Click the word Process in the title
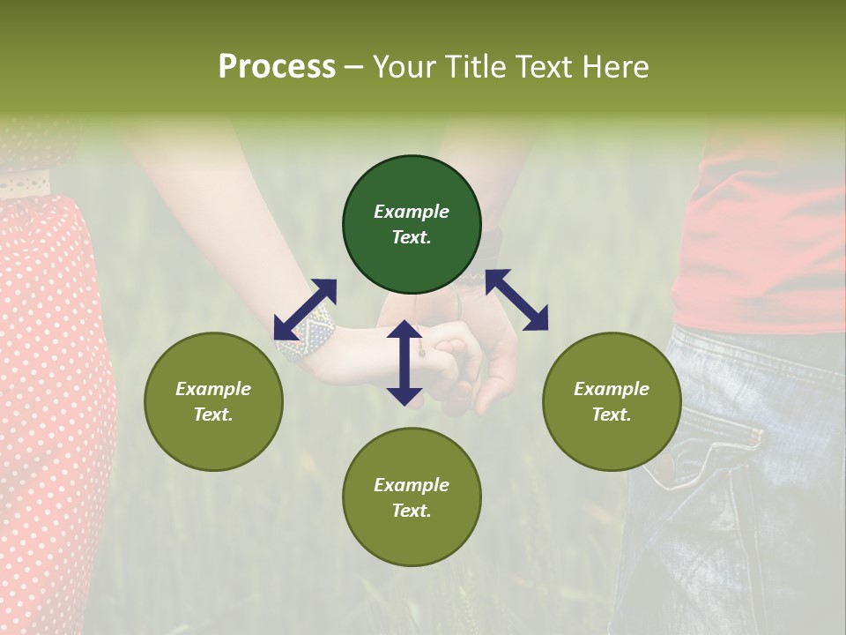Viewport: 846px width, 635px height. coord(277,67)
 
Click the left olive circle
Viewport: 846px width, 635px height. coord(213,401)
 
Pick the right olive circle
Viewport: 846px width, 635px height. coord(612,401)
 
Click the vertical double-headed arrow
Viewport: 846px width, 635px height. coord(404,363)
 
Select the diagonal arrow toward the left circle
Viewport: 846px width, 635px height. coord(305,310)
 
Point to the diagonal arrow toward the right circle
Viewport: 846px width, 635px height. coord(516,300)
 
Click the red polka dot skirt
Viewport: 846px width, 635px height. coord(48,397)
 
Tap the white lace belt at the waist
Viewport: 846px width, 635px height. coord(25,185)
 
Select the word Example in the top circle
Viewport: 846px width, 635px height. coord(412,212)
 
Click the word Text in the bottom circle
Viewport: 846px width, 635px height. coord(412,511)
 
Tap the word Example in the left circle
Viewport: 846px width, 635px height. coord(213,389)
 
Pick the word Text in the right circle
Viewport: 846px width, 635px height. coord(612,415)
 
